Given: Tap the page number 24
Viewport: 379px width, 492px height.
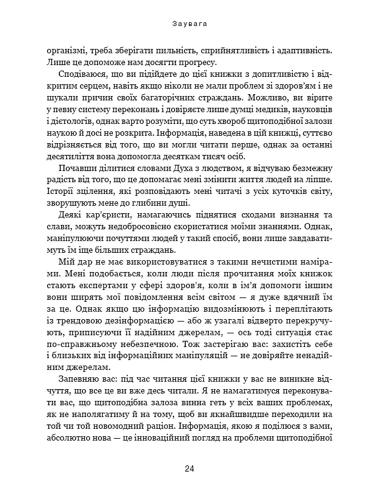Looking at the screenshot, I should coord(189,468).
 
